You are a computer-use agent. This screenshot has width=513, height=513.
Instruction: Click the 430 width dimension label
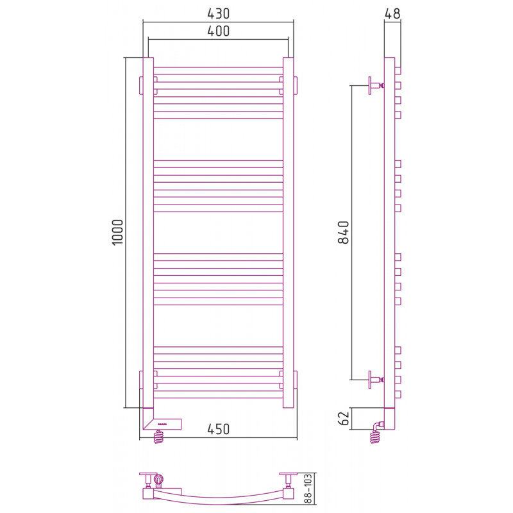218,13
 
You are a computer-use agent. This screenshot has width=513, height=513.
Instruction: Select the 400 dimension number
218,31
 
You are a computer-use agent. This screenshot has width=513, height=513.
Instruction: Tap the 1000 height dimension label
117,232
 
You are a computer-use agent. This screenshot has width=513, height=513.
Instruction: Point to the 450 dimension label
218,429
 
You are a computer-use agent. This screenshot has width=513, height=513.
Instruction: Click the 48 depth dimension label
392,13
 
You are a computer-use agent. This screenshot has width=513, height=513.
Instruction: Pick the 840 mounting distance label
344,232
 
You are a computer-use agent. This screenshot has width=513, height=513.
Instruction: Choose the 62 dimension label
344,418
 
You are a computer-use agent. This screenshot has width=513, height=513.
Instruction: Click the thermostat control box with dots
162,425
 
